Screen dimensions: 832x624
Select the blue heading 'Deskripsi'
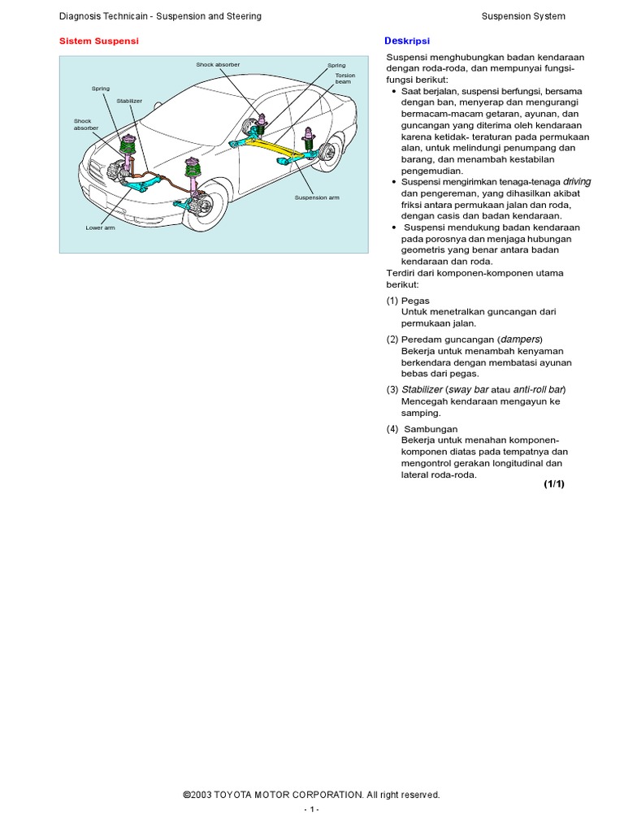tap(406, 41)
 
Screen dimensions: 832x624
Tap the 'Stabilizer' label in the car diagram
tap(129, 101)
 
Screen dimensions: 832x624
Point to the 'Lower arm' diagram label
tap(100, 227)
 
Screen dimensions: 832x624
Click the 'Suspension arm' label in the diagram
tap(317, 197)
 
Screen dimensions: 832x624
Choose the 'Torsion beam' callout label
tap(344, 79)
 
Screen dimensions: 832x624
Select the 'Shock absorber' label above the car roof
tap(218, 64)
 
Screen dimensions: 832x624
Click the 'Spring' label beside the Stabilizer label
tap(100, 88)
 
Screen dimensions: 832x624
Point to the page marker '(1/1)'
tap(553, 484)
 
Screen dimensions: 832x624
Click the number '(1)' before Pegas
tap(392, 301)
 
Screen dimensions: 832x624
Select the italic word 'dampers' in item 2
tap(519, 339)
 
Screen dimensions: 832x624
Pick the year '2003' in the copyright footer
tap(201, 795)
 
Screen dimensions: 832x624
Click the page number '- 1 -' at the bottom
tap(312, 810)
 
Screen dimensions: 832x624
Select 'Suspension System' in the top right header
tap(523, 16)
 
